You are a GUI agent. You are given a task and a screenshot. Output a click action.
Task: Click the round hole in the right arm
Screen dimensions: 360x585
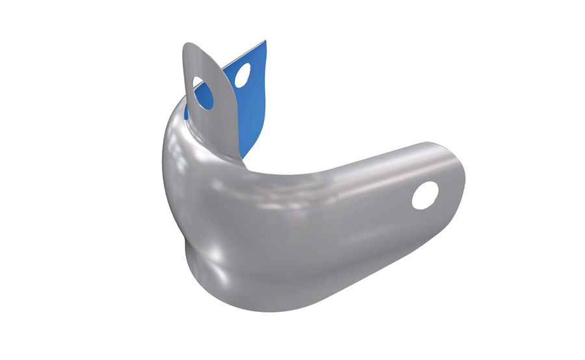point(426,194)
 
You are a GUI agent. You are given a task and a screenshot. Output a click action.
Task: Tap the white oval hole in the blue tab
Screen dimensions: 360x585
point(243,75)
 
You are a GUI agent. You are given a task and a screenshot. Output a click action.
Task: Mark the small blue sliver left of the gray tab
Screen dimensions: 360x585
point(186,111)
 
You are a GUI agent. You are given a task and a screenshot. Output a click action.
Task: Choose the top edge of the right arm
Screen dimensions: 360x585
point(377,149)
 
